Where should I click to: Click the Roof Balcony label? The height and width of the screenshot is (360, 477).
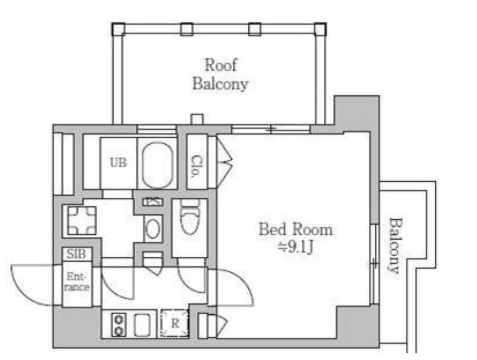point(220,75)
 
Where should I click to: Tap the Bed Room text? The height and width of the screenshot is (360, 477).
point(296,229)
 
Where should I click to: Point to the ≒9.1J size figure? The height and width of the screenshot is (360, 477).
point(296,247)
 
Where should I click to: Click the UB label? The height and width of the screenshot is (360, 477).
point(118,163)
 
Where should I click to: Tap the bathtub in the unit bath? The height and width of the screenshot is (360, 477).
point(157,165)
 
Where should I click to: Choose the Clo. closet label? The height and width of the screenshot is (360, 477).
point(197,166)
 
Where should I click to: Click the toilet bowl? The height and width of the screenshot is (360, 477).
point(189,216)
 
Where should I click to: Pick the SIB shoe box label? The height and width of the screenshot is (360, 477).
point(76,254)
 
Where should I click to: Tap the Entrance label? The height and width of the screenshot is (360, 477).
point(77,282)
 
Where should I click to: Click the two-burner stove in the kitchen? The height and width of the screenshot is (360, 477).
point(119,325)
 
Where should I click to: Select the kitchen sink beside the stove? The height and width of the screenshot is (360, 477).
point(142,325)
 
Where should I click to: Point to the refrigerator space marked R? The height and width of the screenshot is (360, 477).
point(174,323)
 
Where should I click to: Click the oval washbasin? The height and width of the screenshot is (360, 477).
point(153,228)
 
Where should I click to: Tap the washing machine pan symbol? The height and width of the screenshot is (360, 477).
point(82,221)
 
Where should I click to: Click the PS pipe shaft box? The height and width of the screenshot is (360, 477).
point(152,201)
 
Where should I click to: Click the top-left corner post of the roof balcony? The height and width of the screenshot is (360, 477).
point(119,29)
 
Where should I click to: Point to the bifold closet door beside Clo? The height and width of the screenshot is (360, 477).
point(225,162)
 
